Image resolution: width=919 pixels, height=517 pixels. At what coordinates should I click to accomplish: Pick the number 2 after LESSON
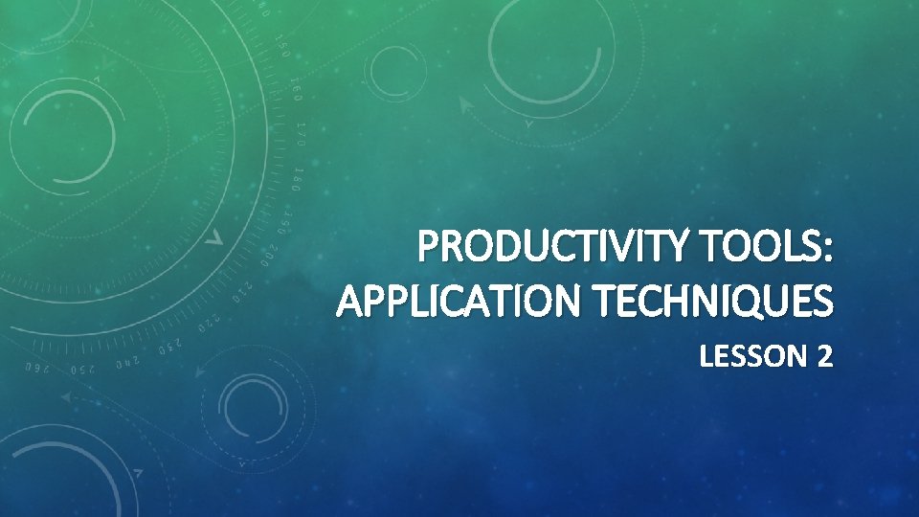coord(824,357)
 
